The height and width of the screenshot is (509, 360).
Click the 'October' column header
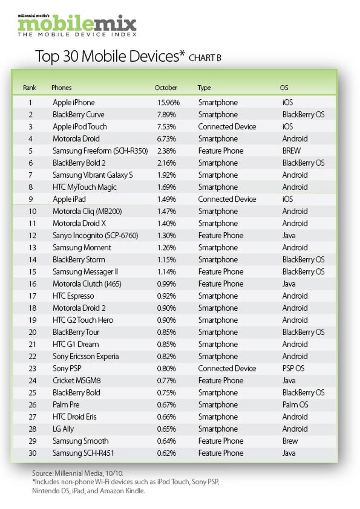(166, 88)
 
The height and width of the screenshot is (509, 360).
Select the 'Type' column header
(204, 88)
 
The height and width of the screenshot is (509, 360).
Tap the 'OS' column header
(284, 88)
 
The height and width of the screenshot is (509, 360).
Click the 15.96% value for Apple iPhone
(168, 103)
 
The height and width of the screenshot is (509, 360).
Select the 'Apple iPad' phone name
(70, 199)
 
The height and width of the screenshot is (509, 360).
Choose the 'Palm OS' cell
(295, 405)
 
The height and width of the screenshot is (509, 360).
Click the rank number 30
(30, 453)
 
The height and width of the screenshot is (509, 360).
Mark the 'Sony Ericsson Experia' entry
(85, 357)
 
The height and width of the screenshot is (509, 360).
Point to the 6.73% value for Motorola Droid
(166, 139)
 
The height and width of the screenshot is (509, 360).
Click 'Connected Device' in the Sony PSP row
(227, 369)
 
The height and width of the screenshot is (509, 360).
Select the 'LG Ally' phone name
(64, 429)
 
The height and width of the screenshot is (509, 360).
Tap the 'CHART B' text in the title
(209, 58)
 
